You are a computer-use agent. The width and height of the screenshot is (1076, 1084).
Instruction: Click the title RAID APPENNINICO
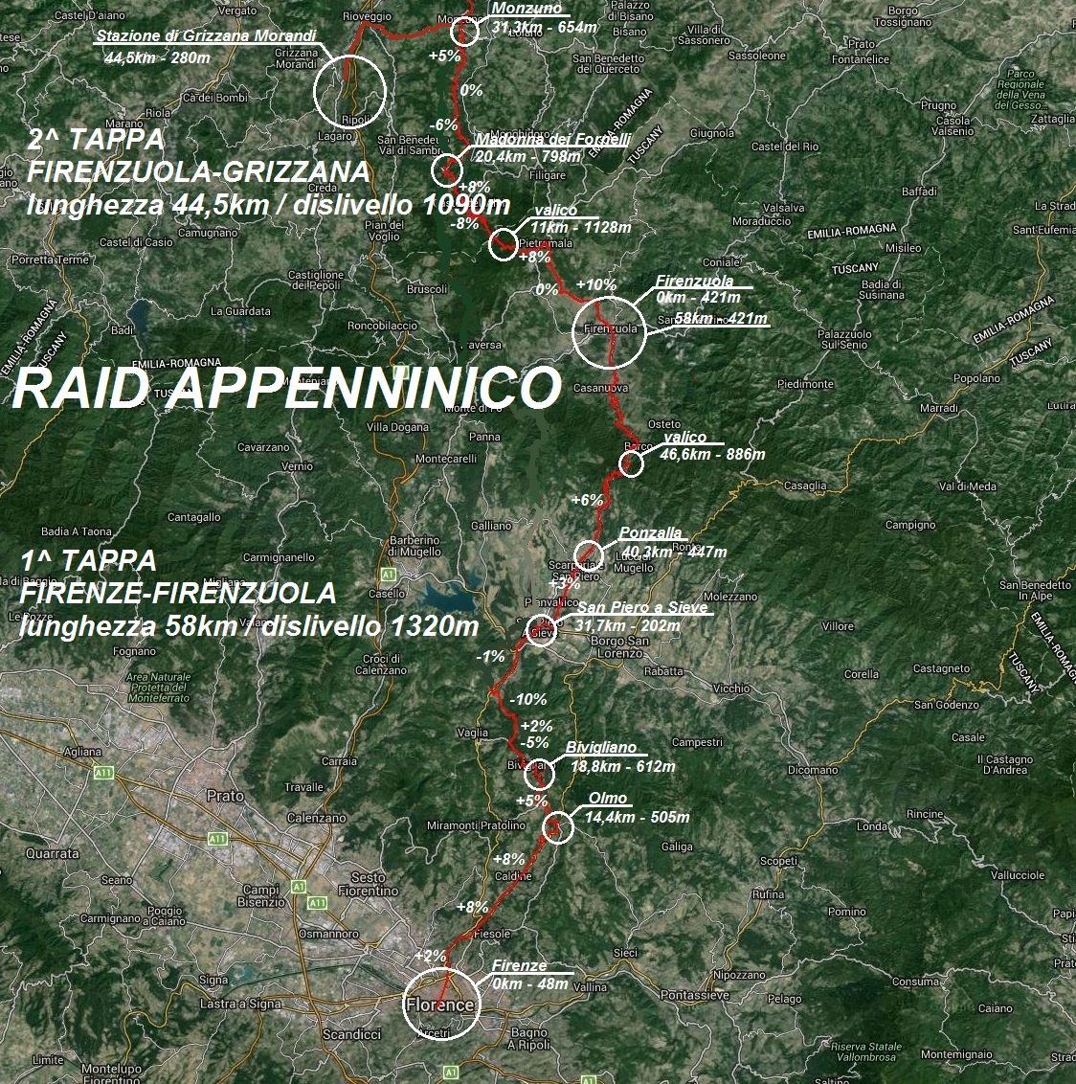pyautogui.click(x=285, y=389)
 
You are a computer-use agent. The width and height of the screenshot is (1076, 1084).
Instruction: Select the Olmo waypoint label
pyautogui.click(x=608, y=799)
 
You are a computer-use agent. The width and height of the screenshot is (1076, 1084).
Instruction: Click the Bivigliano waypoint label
pyautogui.click(x=600, y=748)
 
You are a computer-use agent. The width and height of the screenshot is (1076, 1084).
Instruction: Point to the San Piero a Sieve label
pyautogui.click(x=642, y=608)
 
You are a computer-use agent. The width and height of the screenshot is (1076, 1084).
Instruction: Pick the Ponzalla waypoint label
pyautogui.click(x=651, y=533)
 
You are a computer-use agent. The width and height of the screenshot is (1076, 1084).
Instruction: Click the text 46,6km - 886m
pyautogui.click(x=712, y=455)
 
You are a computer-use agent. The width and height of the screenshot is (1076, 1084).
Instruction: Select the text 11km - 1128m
pyautogui.click(x=580, y=228)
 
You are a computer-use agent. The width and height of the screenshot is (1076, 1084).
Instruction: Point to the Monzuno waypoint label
pyautogui.click(x=527, y=9)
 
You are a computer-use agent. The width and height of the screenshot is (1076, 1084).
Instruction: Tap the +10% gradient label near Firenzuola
pyautogui.click(x=595, y=285)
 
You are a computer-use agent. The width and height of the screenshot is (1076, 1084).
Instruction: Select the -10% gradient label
pyautogui.click(x=528, y=700)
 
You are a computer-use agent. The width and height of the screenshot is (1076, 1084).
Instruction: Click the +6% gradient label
pyautogui.click(x=587, y=500)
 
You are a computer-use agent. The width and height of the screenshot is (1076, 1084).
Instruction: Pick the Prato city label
pyautogui.click(x=225, y=796)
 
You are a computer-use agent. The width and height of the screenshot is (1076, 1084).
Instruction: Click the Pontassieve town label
pyautogui.click(x=696, y=996)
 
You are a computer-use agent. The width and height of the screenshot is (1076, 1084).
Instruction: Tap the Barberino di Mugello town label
pyautogui.click(x=415, y=546)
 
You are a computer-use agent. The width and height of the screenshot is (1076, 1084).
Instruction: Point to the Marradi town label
pyautogui.click(x=938, y=408)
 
